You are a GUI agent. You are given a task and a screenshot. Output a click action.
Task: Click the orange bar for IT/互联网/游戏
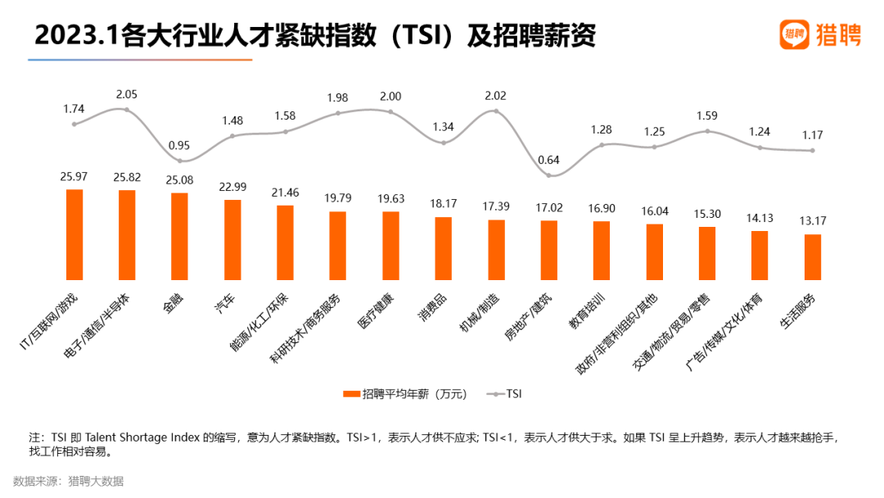(x=74, y=234)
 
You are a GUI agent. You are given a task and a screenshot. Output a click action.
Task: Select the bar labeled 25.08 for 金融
(x=179, y=236)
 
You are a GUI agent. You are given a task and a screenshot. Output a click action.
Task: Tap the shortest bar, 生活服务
(x=812, y=256)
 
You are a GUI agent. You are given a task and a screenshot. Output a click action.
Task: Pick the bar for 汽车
(x=232, y=239)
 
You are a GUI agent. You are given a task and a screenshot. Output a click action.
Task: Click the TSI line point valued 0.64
(x=548, y=175)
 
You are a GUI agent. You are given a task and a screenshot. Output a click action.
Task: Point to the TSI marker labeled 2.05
(x=127, y=109)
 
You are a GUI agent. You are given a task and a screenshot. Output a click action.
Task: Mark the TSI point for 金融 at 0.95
(x=179, y=161)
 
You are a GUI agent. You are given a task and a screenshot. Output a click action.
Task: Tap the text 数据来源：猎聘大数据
(x=68, y=481)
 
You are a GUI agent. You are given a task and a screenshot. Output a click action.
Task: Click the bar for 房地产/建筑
(x=548, y=250)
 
